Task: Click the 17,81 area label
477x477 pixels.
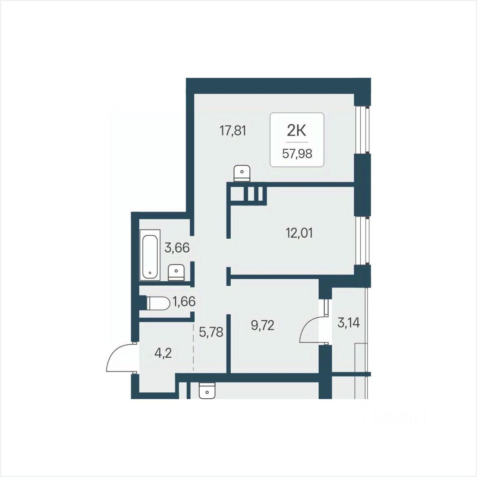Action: coord(233,131)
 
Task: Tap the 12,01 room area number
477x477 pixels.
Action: coord(299,233)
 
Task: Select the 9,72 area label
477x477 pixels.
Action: coord(263,325)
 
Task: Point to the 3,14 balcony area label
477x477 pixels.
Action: coord(348,323)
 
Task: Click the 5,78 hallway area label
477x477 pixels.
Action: coord(211,332)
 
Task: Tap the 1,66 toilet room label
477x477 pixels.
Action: coord(184,302)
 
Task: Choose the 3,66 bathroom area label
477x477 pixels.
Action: coord(177,248)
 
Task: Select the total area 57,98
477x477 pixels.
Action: coord(297,154)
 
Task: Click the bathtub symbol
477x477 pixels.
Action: coord(150,255)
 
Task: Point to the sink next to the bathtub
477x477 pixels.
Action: coord(176,273)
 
